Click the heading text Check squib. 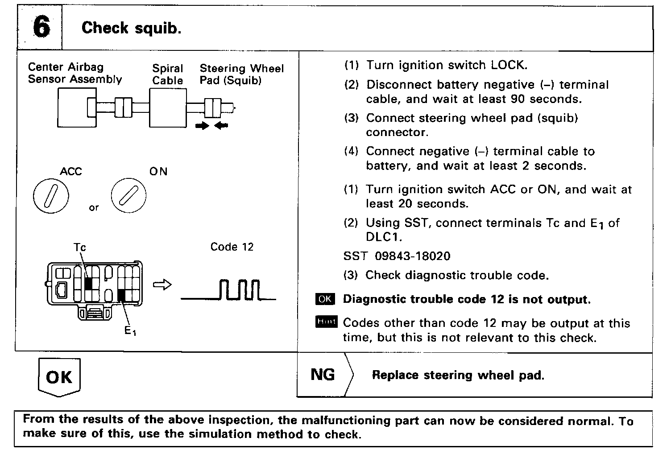tap(131, 28)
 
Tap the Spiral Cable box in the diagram tap(167, 107)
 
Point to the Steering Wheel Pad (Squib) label tap(241, 74)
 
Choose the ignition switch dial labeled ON tap(129, 195)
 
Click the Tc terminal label tap(80, 247)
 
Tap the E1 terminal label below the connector tap(130, 330)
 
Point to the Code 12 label tap(232, 247)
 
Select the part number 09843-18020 tap(413, 256)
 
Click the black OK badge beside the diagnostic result tap(325, 299)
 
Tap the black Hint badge tap(326, 322)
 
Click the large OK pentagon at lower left tap(59, 377)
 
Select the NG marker tap(323, 375)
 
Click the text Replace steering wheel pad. tap(458, 375)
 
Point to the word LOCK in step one tap(509, 65)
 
